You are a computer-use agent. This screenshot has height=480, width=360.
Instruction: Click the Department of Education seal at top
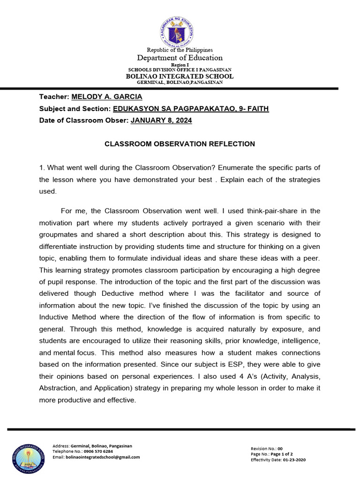179,29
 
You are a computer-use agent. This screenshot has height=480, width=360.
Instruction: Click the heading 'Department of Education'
180,58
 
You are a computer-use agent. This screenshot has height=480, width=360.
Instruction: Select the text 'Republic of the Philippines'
180,50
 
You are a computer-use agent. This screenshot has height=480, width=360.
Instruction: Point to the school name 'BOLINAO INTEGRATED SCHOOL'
180,76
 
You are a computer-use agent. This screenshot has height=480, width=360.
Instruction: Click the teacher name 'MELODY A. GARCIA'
106,97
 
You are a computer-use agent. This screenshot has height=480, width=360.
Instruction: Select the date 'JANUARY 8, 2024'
161,120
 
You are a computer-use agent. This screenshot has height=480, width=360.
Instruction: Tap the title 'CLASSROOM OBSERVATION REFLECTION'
180,144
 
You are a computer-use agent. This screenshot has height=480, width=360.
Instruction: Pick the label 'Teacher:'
54,97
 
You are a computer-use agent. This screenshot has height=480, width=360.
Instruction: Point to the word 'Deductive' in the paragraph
119,293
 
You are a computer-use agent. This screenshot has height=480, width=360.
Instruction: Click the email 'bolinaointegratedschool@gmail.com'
103,457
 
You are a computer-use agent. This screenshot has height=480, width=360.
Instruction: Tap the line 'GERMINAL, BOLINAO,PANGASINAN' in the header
180,82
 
